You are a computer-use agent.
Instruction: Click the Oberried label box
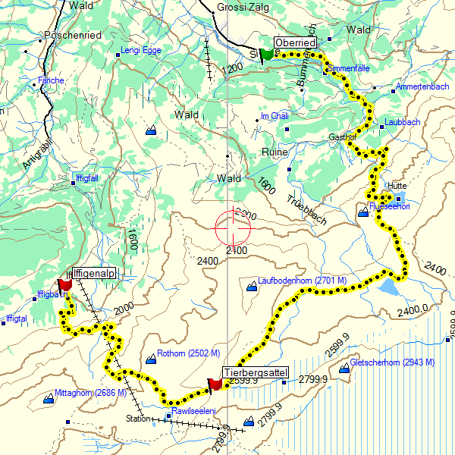pyautogui.click(x=295, y=43)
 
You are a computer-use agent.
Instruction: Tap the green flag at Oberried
pyautogui.click(x=266, y=55)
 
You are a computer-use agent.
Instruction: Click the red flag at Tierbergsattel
pyautogui.click(x=215, y=384)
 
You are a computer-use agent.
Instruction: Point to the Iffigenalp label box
pyautogui.click(x=93, y=273)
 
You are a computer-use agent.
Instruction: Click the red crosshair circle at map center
pyautogui.click(x=233, y=225)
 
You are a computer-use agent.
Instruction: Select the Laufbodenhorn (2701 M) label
pyautogui.click(x=302, y=281)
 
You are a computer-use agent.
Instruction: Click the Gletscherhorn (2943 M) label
pyautogui.click(x=392, y=362)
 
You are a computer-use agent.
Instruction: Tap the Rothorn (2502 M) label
pyautogui.click(x=188, y=354)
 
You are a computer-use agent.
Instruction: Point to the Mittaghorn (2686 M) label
pyautogui.click(x=83, y=393)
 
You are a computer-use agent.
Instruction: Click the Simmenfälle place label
pyautogui.click(x=350, y=68)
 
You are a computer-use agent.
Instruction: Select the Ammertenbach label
pyautogui.click(x=422, y=87)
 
